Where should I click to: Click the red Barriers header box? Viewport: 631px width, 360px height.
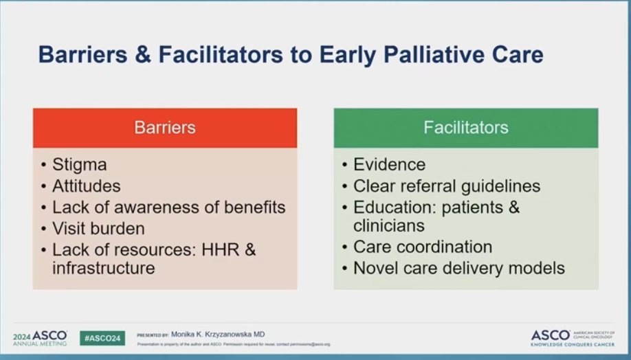164,128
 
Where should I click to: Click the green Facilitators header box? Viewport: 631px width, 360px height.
465,128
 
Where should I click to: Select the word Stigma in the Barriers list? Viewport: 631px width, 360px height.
79,165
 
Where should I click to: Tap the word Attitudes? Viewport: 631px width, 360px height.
86,186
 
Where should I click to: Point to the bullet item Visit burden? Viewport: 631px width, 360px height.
98,228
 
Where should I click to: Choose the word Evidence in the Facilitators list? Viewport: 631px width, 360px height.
389,165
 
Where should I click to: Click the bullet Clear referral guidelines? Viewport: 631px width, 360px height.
446,186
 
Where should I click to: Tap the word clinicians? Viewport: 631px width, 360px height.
388,225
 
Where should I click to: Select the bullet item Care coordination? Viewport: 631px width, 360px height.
422,247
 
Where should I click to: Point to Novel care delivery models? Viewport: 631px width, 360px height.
458,268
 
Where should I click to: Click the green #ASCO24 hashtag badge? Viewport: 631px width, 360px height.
102,337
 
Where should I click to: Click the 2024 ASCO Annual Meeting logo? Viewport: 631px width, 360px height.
39,337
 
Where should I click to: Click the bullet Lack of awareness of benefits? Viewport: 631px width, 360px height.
168,207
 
